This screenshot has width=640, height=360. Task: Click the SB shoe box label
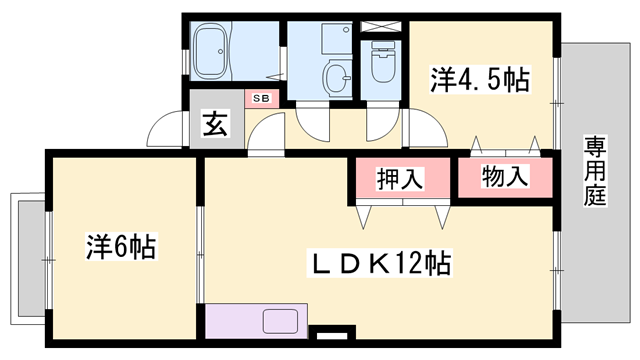[260, 98]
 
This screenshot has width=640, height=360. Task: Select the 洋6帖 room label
[120, 246]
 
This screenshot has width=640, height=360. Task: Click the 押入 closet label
[401, 179]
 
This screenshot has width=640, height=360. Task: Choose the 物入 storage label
[504, 178]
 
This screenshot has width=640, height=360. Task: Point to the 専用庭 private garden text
[596, 171]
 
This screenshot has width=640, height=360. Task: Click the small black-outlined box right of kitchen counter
[335, 334]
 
